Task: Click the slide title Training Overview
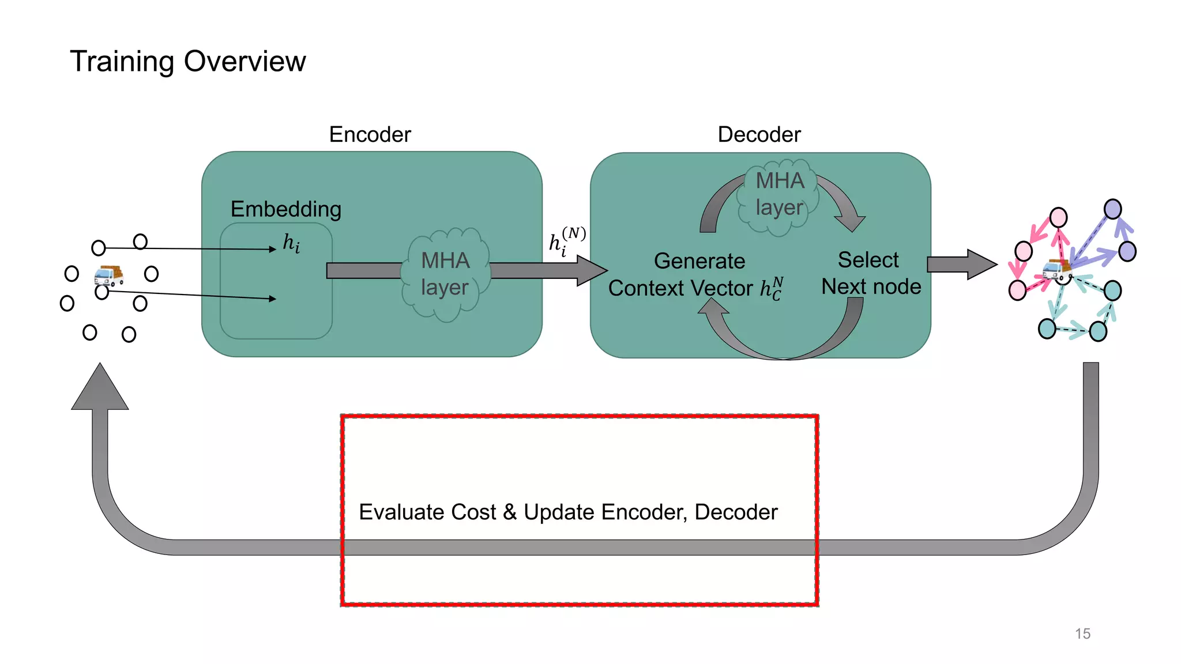tap(187, 61)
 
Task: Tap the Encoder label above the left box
tap(370, 134)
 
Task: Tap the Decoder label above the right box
tap(759, 134)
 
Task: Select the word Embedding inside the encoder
tap(286, 209)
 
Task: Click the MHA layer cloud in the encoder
tap(445, 274)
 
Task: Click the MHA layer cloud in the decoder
tap(779, 195)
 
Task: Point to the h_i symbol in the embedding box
tap(291, 243)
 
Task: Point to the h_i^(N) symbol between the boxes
tap(567, 241)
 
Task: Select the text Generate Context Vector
tap(696, 275)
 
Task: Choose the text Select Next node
tap(870, 273)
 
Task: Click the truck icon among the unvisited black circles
tap(108, 276)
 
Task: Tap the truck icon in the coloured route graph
tap(1056, 269)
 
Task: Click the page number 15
tap(1082, 633)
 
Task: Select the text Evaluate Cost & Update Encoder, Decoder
tap(568, 512)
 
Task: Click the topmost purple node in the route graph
tap(1112, 209)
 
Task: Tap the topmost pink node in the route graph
tap(1058, 217)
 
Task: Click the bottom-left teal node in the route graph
tap(1047, 329)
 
